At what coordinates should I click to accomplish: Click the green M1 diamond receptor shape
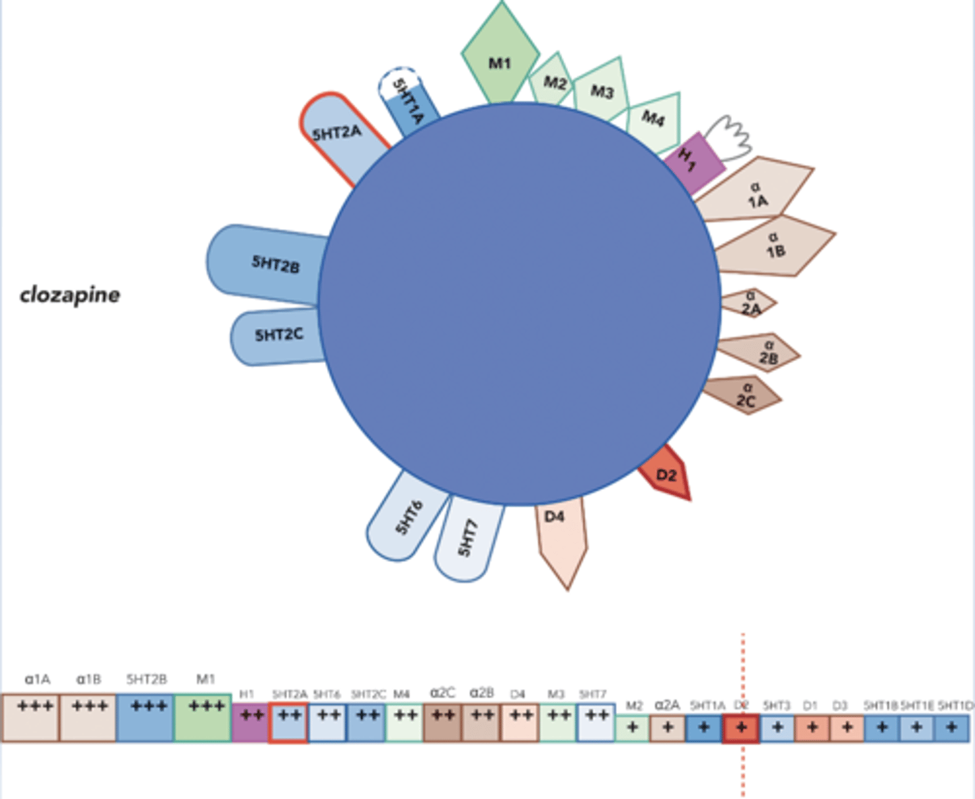coord(500,58)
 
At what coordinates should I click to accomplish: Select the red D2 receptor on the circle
coord(666,475)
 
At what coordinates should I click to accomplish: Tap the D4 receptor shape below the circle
coord(561,535)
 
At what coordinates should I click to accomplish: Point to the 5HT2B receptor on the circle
coord(271,264)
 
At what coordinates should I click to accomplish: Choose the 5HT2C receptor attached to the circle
coord(278,336)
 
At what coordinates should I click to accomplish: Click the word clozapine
coord(70,295)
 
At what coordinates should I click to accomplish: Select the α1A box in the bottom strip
coord(30,718)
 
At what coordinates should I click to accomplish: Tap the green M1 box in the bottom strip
coord(203,718)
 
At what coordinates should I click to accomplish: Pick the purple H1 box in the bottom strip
coord(251,723)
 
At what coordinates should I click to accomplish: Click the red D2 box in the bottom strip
coord(741,729)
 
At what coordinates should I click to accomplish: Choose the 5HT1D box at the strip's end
coord(951,729)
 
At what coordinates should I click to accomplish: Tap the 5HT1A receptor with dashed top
coord(409,102)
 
